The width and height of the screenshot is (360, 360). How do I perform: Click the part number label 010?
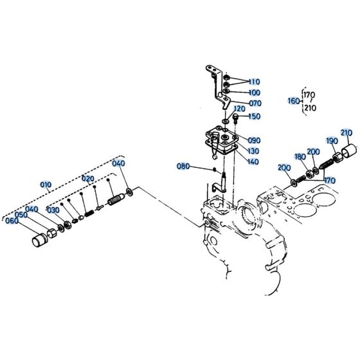pos(46,184)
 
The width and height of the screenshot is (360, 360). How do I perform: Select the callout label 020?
pos(87,178)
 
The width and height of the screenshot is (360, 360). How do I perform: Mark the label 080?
pos(183,166)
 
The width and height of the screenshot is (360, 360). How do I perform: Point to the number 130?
pos(253,151)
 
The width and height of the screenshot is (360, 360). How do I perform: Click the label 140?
pos(253,162)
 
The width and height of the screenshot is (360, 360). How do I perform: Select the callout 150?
pos(255,116)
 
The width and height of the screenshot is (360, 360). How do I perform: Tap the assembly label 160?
pos(293,101)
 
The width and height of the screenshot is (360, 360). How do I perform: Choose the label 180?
pos(300,156)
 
